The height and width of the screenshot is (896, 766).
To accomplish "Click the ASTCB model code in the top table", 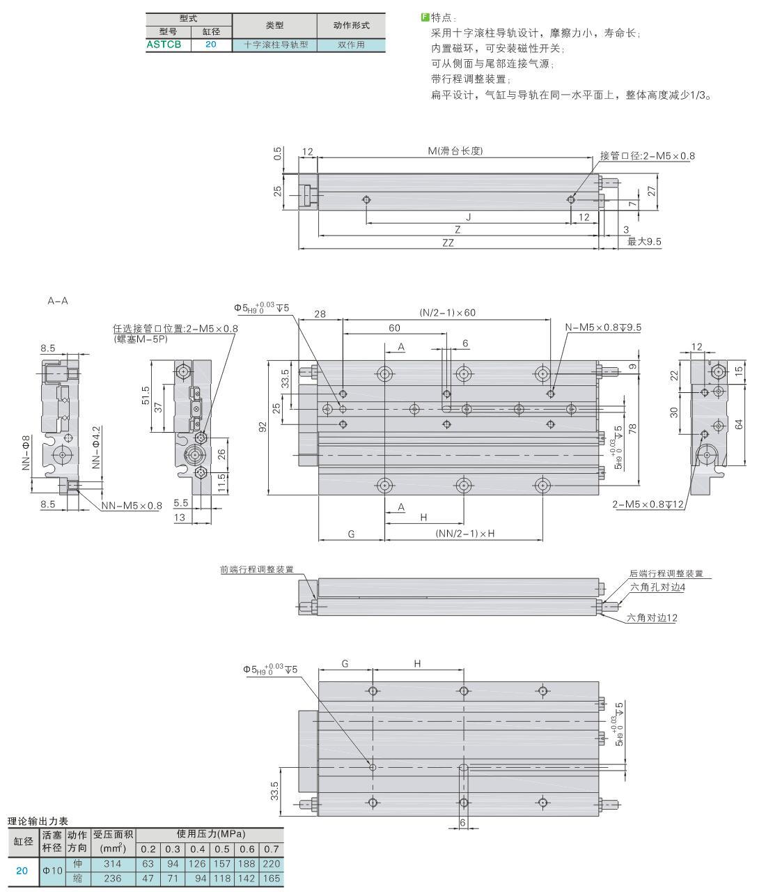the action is [x=164, y=44].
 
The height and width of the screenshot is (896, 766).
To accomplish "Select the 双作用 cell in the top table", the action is [x=351, y=45].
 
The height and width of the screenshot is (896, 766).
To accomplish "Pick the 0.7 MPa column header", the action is [x=271, y=849].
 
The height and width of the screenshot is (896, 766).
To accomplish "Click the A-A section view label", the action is [x=58, y=301].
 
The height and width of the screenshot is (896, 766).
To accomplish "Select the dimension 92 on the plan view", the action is [x=263, y=427].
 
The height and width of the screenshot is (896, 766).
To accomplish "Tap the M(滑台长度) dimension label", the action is [x=455, y=151].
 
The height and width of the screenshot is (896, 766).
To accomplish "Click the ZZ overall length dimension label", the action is [x=448, y=242].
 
